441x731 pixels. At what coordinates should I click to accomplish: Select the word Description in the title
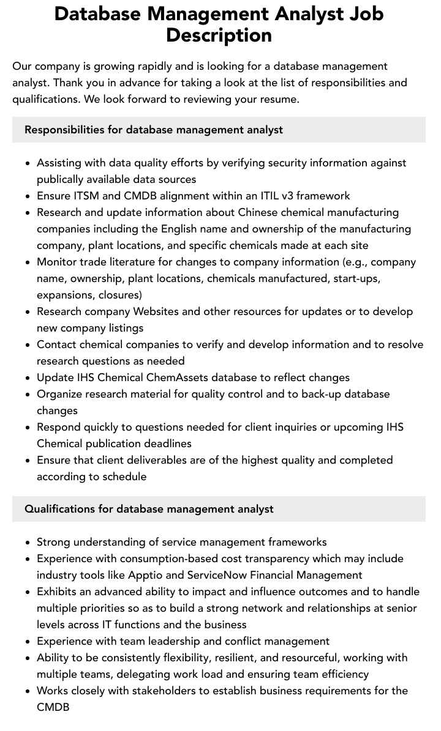pos(219,35)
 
